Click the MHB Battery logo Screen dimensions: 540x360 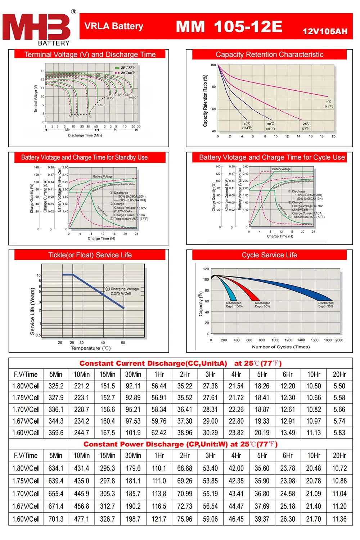tap(38, 29)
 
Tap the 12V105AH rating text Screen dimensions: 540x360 tap(325, 32)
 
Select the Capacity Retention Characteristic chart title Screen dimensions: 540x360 tap(269, 55)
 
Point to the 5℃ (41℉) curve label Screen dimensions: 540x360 tap(329, 104)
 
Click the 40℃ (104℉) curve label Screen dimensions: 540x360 tap(247, 126)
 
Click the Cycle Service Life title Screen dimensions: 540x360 tap(269, 255)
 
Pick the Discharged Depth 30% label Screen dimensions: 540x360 tap(325, 305)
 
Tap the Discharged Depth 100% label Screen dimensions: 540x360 tap(234, 305)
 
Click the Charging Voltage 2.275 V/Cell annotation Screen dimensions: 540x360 tap(122, 291)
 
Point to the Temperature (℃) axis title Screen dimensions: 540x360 tap(90, 348)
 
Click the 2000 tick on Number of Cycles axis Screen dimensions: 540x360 tap(339, 340)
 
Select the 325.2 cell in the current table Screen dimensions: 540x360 tap(56, 386)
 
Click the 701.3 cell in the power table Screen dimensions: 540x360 tap(56, 519)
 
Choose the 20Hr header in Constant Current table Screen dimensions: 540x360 tap(339, 374)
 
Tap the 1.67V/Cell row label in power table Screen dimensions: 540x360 tap(26, 506)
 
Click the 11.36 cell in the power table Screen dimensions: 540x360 tap(339, 519)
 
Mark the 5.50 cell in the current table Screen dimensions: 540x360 tap(339, 386)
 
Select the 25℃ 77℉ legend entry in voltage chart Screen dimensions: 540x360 tap(125, 67)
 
